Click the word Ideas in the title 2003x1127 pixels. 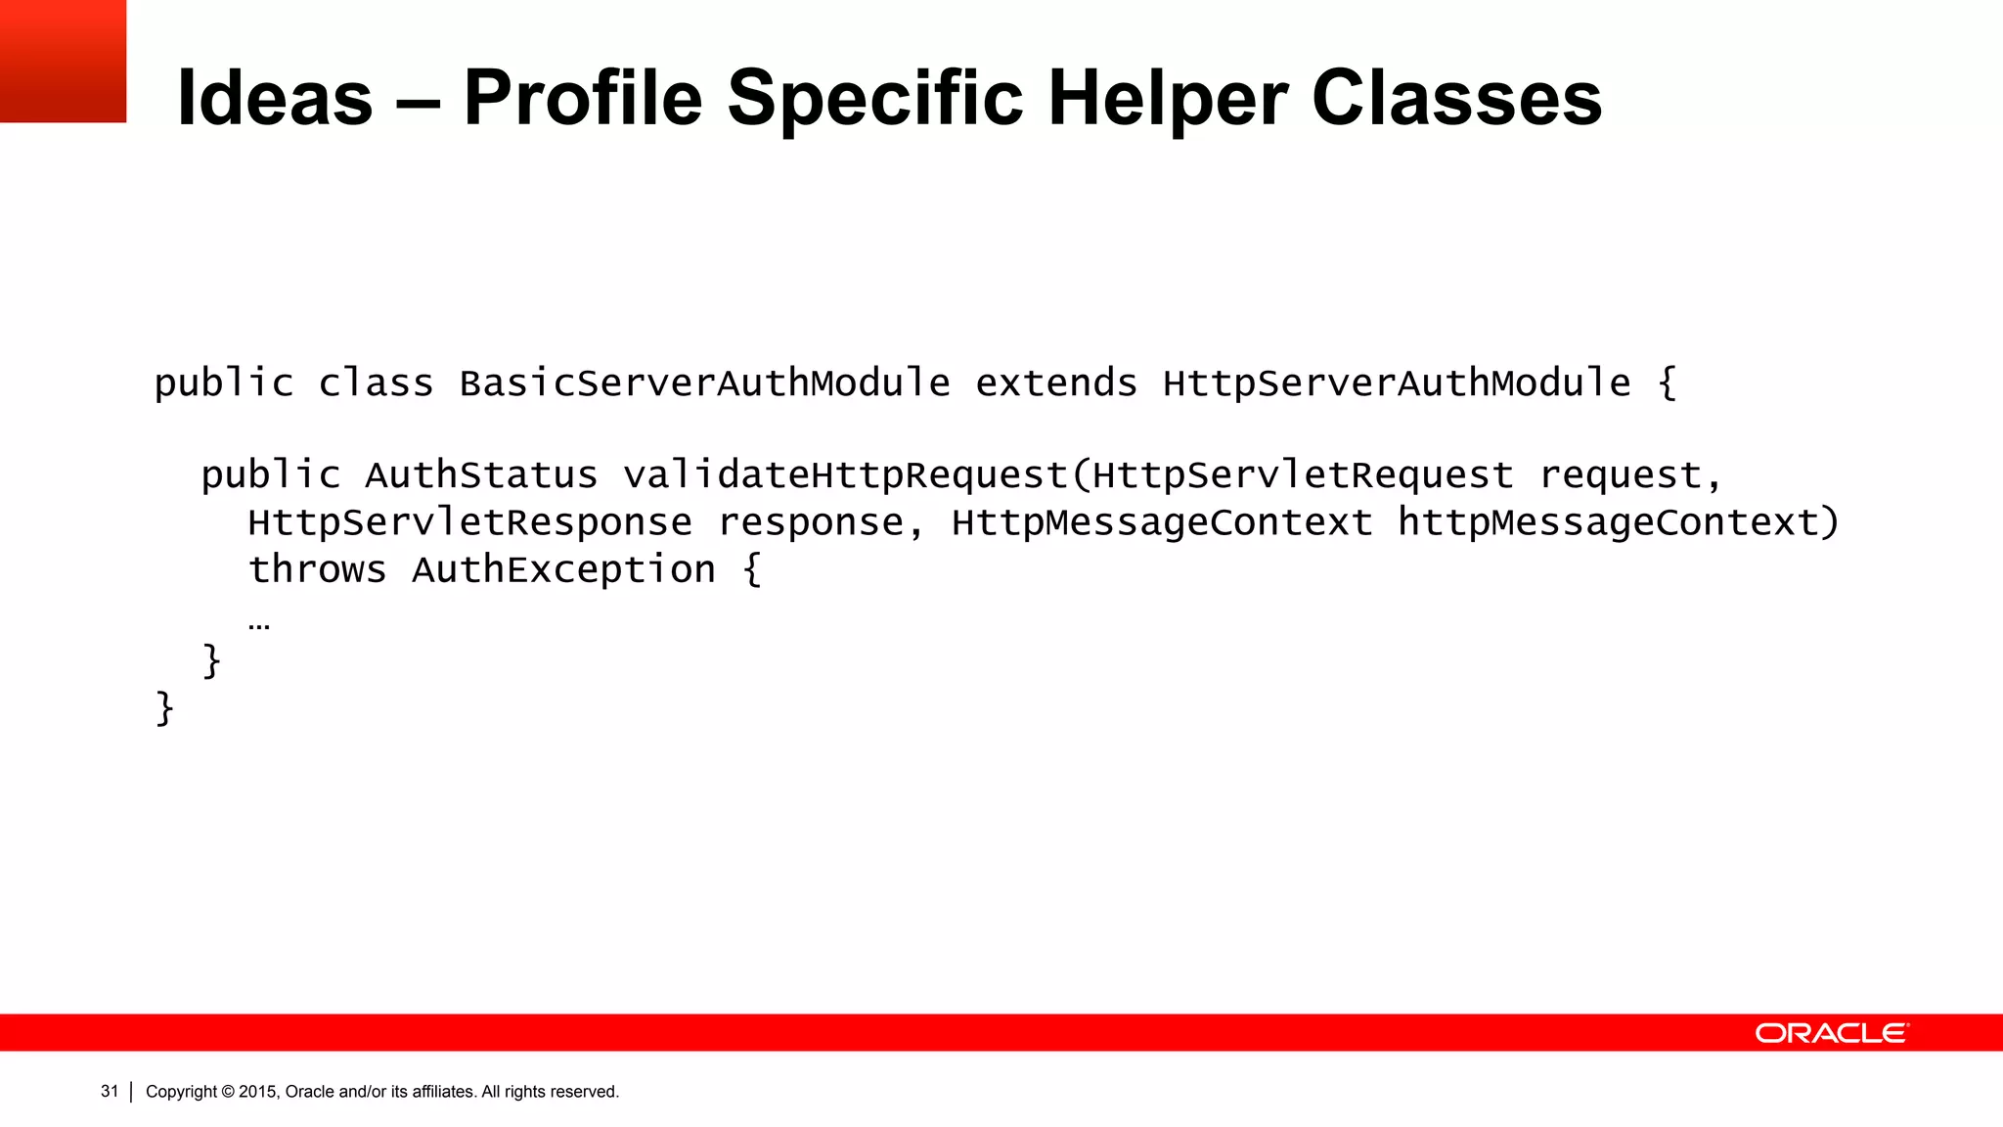[275, 98]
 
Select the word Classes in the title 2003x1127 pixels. [1456, 98]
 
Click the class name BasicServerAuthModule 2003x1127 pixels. [704, 383]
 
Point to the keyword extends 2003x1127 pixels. [1056, 383]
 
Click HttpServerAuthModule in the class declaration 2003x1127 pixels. [1397, 383]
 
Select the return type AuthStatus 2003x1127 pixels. [480, 475]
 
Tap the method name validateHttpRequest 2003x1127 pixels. [846, 475]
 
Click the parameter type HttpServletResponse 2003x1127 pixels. [469, 522]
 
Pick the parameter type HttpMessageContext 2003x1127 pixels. [1162, 522]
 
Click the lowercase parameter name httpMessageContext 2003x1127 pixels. [1608, 522]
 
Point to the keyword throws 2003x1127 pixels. [317, 569]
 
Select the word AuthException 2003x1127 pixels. [563, 569]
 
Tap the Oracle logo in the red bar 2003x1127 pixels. [1831, 1033]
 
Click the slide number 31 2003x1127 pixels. [110, 1091]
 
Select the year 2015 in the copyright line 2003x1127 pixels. [258, 1092]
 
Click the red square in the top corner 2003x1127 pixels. [63, 61]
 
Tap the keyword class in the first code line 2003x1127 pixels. [376, 383]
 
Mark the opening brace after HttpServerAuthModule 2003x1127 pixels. [1668, 383]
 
